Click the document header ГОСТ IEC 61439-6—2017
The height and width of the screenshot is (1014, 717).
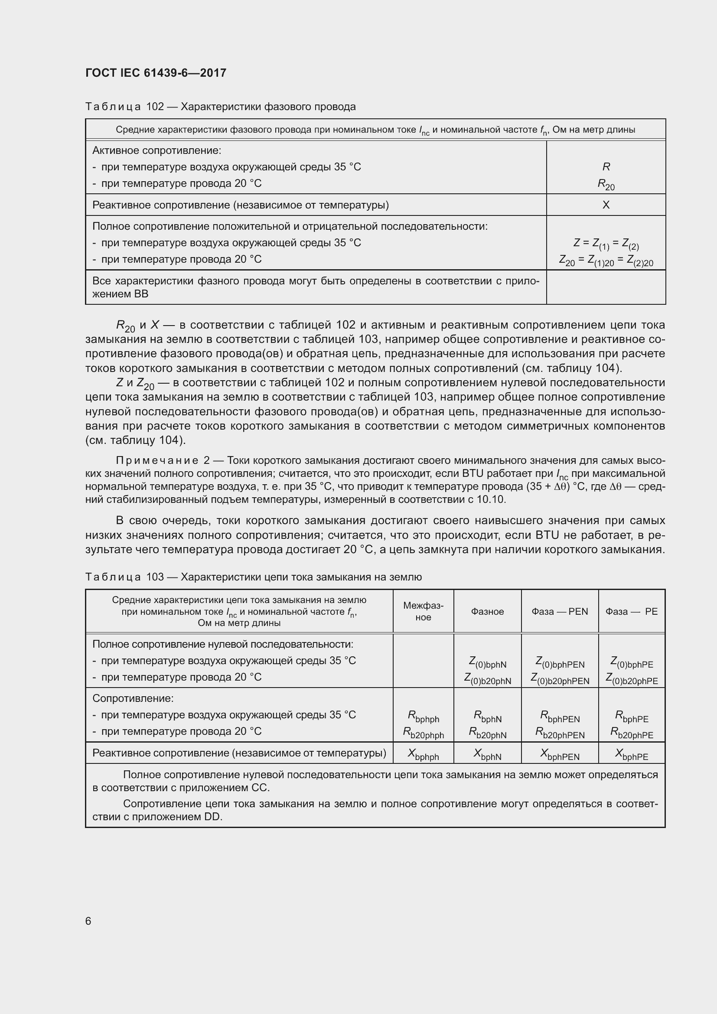[x=156, y=73]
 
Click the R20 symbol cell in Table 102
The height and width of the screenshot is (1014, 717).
[x=606, y=184]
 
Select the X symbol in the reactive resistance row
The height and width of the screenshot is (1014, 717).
[x=606, y=205]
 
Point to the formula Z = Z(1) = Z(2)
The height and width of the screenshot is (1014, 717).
[x=606, y=244]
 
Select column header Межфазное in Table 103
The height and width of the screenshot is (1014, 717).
[x=423, y=611]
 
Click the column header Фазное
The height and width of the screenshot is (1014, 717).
[x=487, y=611]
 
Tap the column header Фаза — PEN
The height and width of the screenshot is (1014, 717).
[x=559, y=611]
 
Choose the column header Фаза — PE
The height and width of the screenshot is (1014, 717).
[x=631, y=611]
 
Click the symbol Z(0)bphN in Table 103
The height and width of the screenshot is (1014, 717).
[x=487, y=662]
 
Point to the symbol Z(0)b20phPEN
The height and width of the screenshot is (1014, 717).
[x=559, y=679]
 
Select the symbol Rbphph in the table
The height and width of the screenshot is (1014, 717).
[x=423, y=716]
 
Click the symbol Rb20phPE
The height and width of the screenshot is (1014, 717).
[x=631, y=733]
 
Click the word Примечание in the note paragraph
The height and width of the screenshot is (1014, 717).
[x=156, y=461]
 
